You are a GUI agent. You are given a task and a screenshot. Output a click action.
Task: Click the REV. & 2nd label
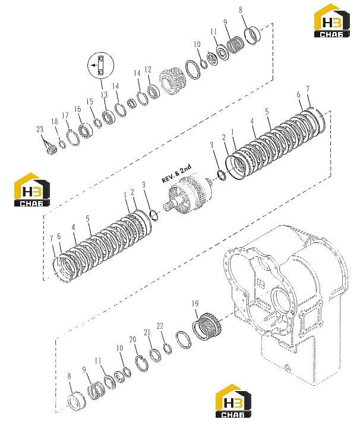pyautogui.click(x=176, y=174)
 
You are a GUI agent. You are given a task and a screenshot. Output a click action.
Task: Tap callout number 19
pyautogui.click(x=195, y=303)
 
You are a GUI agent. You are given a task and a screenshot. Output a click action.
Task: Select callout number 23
pyautogui.click(x=40, y=129)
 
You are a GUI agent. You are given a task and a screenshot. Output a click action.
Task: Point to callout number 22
pyautogui.click(x=160, y=326)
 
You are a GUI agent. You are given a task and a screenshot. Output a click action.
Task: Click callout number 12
pyautogui.click(x=148, y=69)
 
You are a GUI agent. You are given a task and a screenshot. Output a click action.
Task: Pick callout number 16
pyautogui.click(x=77, y=109)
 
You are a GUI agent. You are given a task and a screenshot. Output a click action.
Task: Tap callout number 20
pyautogui.click(x=132, y=339)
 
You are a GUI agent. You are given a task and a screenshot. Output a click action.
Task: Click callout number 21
pyautogui.click(x=147, y=332)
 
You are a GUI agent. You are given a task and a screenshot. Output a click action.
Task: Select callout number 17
pyautogui.click(x=65, y=115)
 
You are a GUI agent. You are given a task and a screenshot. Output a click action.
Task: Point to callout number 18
pyautogui.click(x=55, y=121)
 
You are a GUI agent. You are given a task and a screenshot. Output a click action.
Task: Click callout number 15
pyautogui.click(x=90, y=101)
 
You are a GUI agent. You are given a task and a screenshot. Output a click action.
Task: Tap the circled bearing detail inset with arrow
pyautogui.click(x=100, y=65)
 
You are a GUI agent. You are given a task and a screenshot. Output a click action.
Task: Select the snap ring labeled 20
pyautogui.click(x=142, y=363)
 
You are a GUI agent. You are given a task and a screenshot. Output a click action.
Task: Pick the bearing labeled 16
pyautogui.click(x=85, y=131)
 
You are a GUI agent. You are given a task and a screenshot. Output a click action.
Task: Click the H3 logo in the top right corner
pyautogui.click(x=331, y=21)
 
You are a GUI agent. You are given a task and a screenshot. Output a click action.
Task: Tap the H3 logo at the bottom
pyautogui.click(x=233, y=401)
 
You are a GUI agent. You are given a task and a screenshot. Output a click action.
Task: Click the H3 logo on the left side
pyautogui.click(x=31, y=189)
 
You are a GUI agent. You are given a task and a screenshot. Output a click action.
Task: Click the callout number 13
pyautogui.click(x=104, y=95)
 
